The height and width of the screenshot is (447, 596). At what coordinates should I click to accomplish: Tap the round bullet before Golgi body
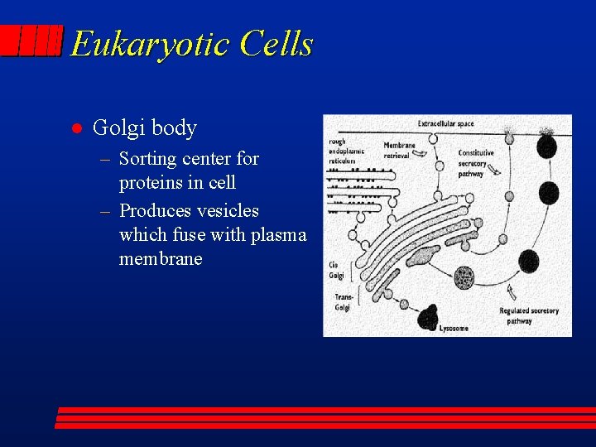pos(74,128)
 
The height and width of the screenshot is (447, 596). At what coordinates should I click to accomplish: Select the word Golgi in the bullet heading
pos(115,128)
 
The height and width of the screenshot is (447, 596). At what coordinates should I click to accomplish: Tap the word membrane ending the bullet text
pos(161,258)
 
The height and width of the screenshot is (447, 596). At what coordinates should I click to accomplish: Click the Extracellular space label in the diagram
pos(445,124)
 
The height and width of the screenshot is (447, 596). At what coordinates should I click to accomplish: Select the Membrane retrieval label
pos(400,151)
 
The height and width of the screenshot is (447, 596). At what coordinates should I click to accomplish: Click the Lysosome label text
pos(454,329)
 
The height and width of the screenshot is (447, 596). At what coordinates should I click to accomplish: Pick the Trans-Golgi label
pos(342,301)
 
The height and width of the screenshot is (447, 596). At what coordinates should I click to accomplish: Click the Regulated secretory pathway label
pos(528,315)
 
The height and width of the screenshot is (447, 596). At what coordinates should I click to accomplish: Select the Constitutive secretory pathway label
pos(476,163)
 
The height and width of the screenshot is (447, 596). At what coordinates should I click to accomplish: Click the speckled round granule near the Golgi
pos(465,278)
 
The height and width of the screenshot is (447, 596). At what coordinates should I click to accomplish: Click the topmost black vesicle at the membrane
pos(547,147)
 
